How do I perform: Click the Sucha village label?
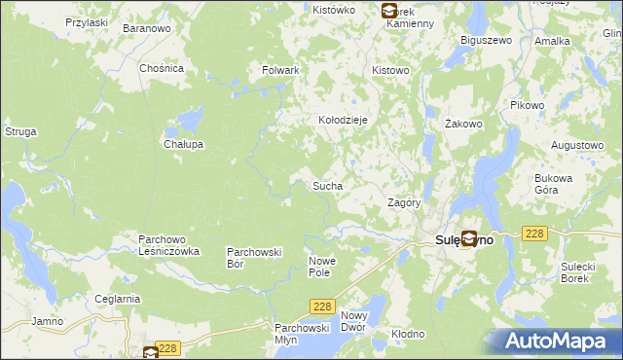click(x=326, y=184)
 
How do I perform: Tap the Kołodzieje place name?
click(x=343, y=120)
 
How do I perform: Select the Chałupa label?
click(x=183, y=144)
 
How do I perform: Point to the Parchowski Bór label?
click(x=254, y=257)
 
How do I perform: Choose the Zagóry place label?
click(x=403, y=203)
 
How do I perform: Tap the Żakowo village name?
click(x=464, y=124)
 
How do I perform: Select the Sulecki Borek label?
click(x=579, y=271)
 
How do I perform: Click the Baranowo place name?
click(x=146, y=28)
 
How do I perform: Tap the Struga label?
click(x=20, y=130)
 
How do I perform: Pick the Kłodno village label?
click(x=408, y=334)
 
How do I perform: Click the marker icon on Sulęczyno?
click(x=468, y=237)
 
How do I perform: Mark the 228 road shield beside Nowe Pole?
click(x=323, y=306)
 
